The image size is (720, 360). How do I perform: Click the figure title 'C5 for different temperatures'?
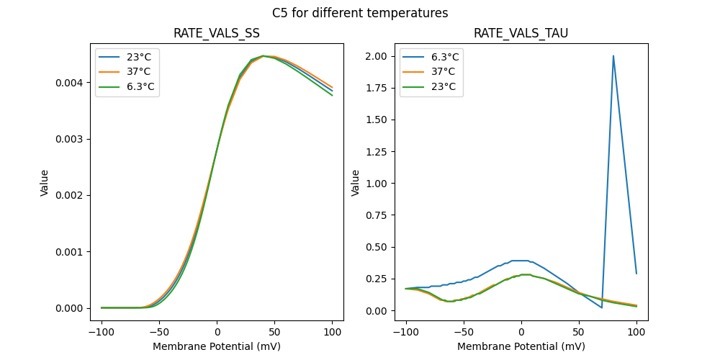click(360, 13)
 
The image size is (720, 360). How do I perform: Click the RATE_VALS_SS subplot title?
click(217, 34)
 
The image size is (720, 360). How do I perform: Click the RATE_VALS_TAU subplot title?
click(521, 34)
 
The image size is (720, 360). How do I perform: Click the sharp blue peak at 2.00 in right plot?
click(613, 56)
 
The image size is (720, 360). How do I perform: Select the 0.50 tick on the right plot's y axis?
click(378, 247)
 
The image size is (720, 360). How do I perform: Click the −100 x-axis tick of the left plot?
click(102, 333)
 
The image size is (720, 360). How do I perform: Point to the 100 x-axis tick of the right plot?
click(636, 333)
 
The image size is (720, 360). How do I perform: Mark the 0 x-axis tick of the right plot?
click(521, 333)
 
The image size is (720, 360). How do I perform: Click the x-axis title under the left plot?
click(217, 346)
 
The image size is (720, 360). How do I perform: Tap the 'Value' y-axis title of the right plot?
click(355, 183)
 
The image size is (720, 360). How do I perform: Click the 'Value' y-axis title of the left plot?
click(45, 183)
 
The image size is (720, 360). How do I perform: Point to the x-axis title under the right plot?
click(521, 346)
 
